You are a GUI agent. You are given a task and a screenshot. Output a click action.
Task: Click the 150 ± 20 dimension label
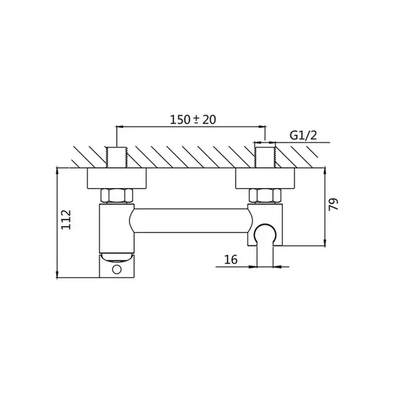(x=193, y=120)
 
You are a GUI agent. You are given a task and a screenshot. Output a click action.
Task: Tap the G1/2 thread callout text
(x=303, y=135)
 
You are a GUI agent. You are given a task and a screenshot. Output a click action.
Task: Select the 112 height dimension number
(x=66, y=219)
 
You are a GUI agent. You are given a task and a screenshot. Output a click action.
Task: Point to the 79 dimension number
(x=334, y=205)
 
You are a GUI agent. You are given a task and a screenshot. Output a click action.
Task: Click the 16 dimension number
(x=231, y=260)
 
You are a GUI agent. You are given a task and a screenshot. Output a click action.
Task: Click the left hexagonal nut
(x=117, y=196)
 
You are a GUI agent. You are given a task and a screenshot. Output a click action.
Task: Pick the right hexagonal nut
(x=265, y=196)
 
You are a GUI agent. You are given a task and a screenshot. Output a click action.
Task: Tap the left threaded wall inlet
(x=117, y=158)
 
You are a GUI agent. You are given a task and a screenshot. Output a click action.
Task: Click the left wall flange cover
(x=117, y=178)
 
